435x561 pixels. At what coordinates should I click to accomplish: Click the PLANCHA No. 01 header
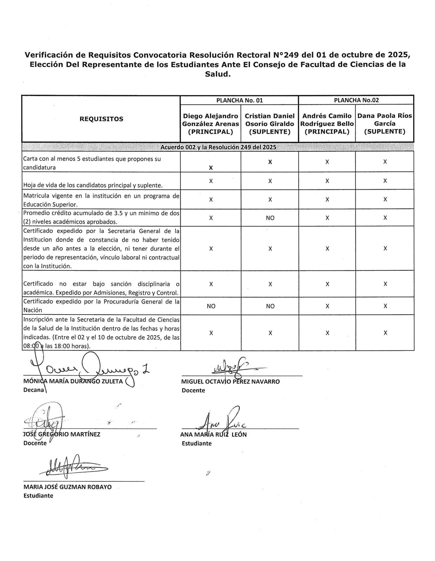tap(239, 100)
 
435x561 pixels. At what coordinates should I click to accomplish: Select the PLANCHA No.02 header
tap(356, 100)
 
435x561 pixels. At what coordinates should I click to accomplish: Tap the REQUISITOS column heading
tap(101, 119)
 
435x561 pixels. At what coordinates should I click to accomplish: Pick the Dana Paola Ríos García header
tap(385, 123)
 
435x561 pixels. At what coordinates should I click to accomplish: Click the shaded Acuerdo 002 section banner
tap(218, 147)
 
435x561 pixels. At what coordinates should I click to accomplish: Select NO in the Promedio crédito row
tap(270, 218)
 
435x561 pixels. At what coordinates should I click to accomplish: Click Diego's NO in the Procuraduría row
tap(211, 306)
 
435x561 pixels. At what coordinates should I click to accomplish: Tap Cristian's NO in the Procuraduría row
tap(270, 306)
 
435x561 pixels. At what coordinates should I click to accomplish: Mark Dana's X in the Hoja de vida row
tap(385, 181)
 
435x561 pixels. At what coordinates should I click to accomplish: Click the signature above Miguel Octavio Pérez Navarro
tap(232, 367)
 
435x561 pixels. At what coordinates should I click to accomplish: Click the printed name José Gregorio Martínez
tap(62, 434)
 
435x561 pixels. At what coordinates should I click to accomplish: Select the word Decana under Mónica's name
tap(34, 390)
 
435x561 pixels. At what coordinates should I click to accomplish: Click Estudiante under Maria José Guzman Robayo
tap(38, 496)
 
